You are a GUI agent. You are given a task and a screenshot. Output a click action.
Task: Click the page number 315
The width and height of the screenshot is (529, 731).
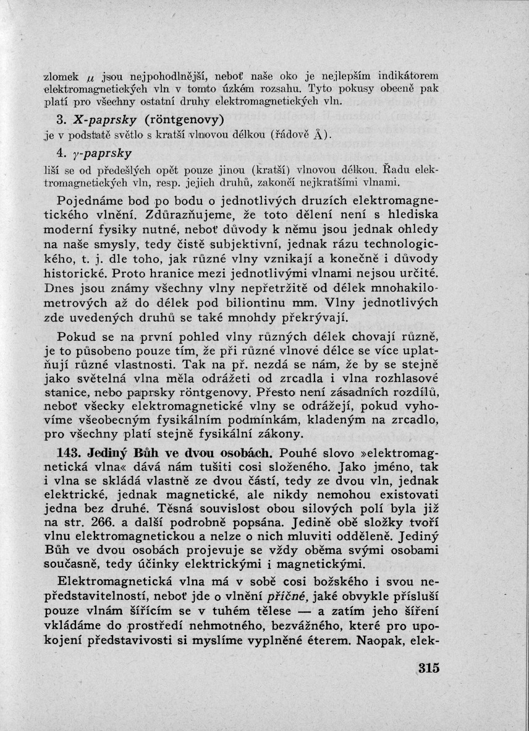tap(428, 668)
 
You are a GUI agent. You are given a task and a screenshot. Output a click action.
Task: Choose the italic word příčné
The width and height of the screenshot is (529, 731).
tap(284, 597)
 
